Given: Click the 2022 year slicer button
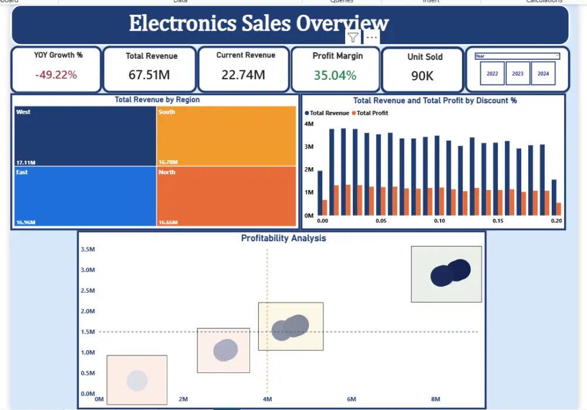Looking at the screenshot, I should coord(492,74).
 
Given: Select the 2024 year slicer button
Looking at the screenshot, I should coord(543,74).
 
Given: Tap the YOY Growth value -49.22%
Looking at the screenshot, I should coord(56,74).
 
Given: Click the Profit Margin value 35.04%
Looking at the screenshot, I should coord(335,75).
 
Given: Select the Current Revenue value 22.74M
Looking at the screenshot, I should coord(243,74).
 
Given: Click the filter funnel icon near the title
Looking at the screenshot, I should coord(353,38).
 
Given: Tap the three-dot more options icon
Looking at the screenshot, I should coord(372,37).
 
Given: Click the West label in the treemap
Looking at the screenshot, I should coord(23,112).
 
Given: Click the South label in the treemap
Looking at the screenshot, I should coord(167,112).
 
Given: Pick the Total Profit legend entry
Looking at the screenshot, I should coord(372,113).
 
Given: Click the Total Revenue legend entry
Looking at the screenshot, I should coord(329,113).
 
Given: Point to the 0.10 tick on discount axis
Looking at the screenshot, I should coord(439,221).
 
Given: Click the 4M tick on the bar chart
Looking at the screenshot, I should coord(309,124).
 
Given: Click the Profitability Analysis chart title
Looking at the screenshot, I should coord(284,238).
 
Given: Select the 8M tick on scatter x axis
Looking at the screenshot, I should coord(436,399).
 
